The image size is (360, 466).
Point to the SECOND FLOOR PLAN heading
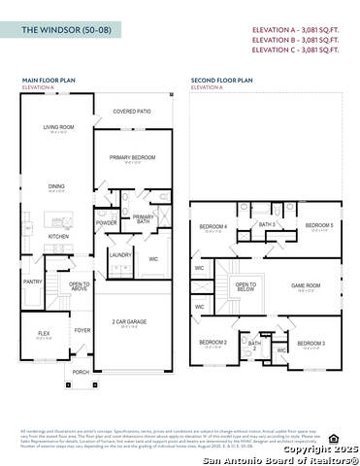[221, 82]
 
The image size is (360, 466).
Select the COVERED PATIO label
[132, 112]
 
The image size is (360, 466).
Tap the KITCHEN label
[59, 236]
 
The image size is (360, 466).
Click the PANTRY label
[33, 282]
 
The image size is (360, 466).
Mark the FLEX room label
[44, 333]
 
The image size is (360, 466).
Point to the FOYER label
[82, 330]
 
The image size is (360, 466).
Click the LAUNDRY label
[120, 255]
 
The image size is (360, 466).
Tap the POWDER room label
[107, 222]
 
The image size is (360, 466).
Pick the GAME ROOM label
[306, 286]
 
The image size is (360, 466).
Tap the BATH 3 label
[267, 224]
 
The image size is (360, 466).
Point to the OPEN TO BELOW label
[245, 287]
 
